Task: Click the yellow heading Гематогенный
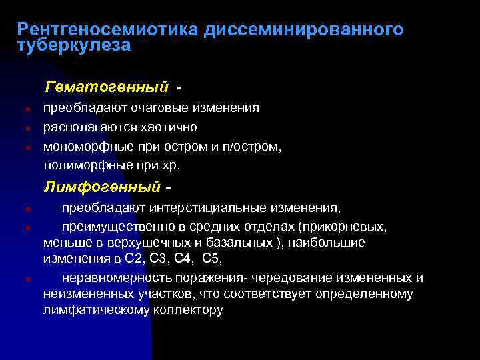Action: pyautogui.click(x=106, y=87)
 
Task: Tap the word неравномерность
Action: pyautogui.click(x=113, y=277)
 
